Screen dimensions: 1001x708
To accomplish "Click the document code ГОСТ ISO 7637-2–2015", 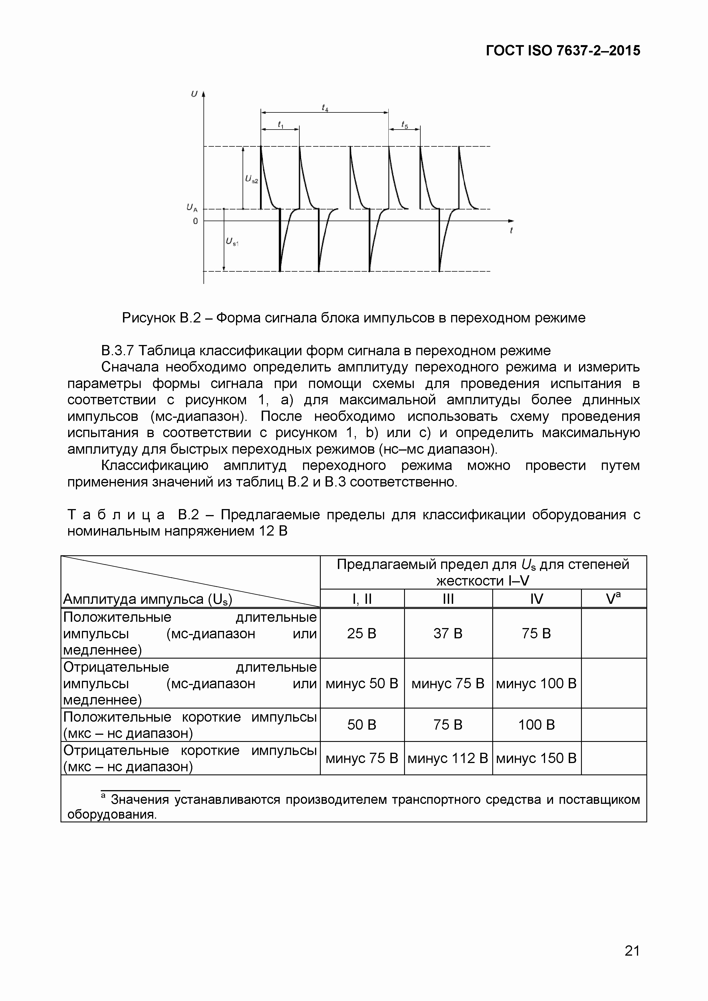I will click(563, 51).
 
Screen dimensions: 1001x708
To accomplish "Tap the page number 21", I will click(632, 951).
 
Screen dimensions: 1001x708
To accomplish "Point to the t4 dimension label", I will click(325, 107).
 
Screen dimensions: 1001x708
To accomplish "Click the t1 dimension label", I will click(280, 125).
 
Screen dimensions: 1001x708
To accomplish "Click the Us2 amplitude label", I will click(251, 179).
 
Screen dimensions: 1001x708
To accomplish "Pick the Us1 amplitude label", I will click(232, 242).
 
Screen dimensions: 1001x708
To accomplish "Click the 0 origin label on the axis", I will click(195, 221).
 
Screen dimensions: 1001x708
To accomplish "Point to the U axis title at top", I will click(194, 94).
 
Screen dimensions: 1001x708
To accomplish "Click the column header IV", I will click(537, 599).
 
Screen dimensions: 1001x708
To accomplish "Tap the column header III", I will click(448, 599).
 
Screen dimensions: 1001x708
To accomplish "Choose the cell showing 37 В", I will click(448, 633).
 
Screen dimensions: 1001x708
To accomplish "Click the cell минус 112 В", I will click(448, 758).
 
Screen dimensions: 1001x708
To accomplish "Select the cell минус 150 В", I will click(537, 758).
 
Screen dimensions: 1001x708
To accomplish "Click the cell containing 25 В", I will click(362, 633).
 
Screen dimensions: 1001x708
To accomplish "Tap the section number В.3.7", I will click(118, 350).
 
